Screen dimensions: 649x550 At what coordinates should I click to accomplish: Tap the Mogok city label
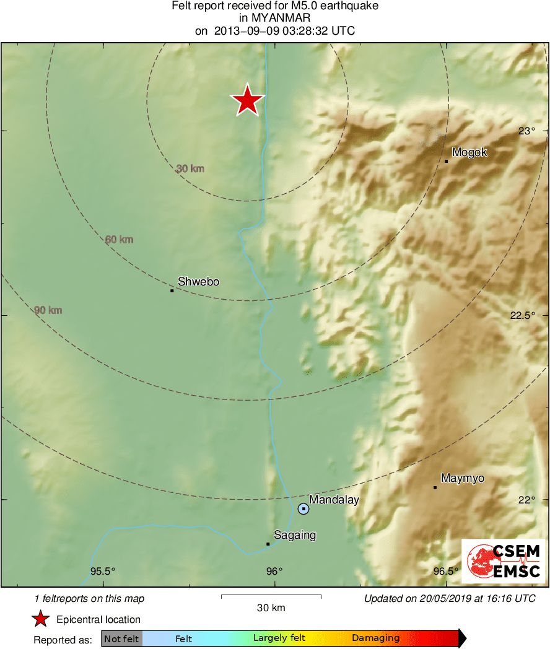pyautogui.click(x=469, y=152)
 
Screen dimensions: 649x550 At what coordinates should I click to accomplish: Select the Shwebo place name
pyautogui.click(x=198, y=282)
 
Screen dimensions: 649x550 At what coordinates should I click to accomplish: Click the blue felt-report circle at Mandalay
pyautogui.click(x=303, y=509)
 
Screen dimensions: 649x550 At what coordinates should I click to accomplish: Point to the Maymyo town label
pyautogui.click(x=462, y=478)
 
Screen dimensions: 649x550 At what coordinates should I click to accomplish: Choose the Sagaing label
pyautogui.click(x=295, y=535)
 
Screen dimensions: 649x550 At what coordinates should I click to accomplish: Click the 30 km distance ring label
pyautogui.click(x=190, y=168)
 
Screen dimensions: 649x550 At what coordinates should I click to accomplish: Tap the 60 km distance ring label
pyautogui.click(x=119, y=240)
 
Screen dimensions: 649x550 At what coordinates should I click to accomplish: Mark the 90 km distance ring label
pyautogui.click(x=48, y=310)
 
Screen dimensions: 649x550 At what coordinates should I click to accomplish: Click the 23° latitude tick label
pyautogui.click(x=526, y=131)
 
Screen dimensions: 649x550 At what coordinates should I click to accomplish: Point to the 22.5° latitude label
pyautogui.click(x=522, y=315)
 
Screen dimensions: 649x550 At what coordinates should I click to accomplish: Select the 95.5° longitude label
pyautogui.click(x=103, y=572)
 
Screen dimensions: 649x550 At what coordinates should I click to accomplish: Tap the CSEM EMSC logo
pyautogui.click(x=503, y=561)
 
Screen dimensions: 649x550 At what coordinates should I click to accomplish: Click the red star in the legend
pyautogui.click(x=41, y=619)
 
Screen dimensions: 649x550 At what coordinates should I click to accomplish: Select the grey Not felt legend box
pyautogui.click(x=122, y=638)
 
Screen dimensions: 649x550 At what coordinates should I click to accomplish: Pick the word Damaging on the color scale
pyautogui.click(x=375, y=638)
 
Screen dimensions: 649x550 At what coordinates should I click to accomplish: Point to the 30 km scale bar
pyautogui.click(x=271, y=597)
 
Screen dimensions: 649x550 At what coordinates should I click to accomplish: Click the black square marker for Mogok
pyautogui.click(x=446, y=162)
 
